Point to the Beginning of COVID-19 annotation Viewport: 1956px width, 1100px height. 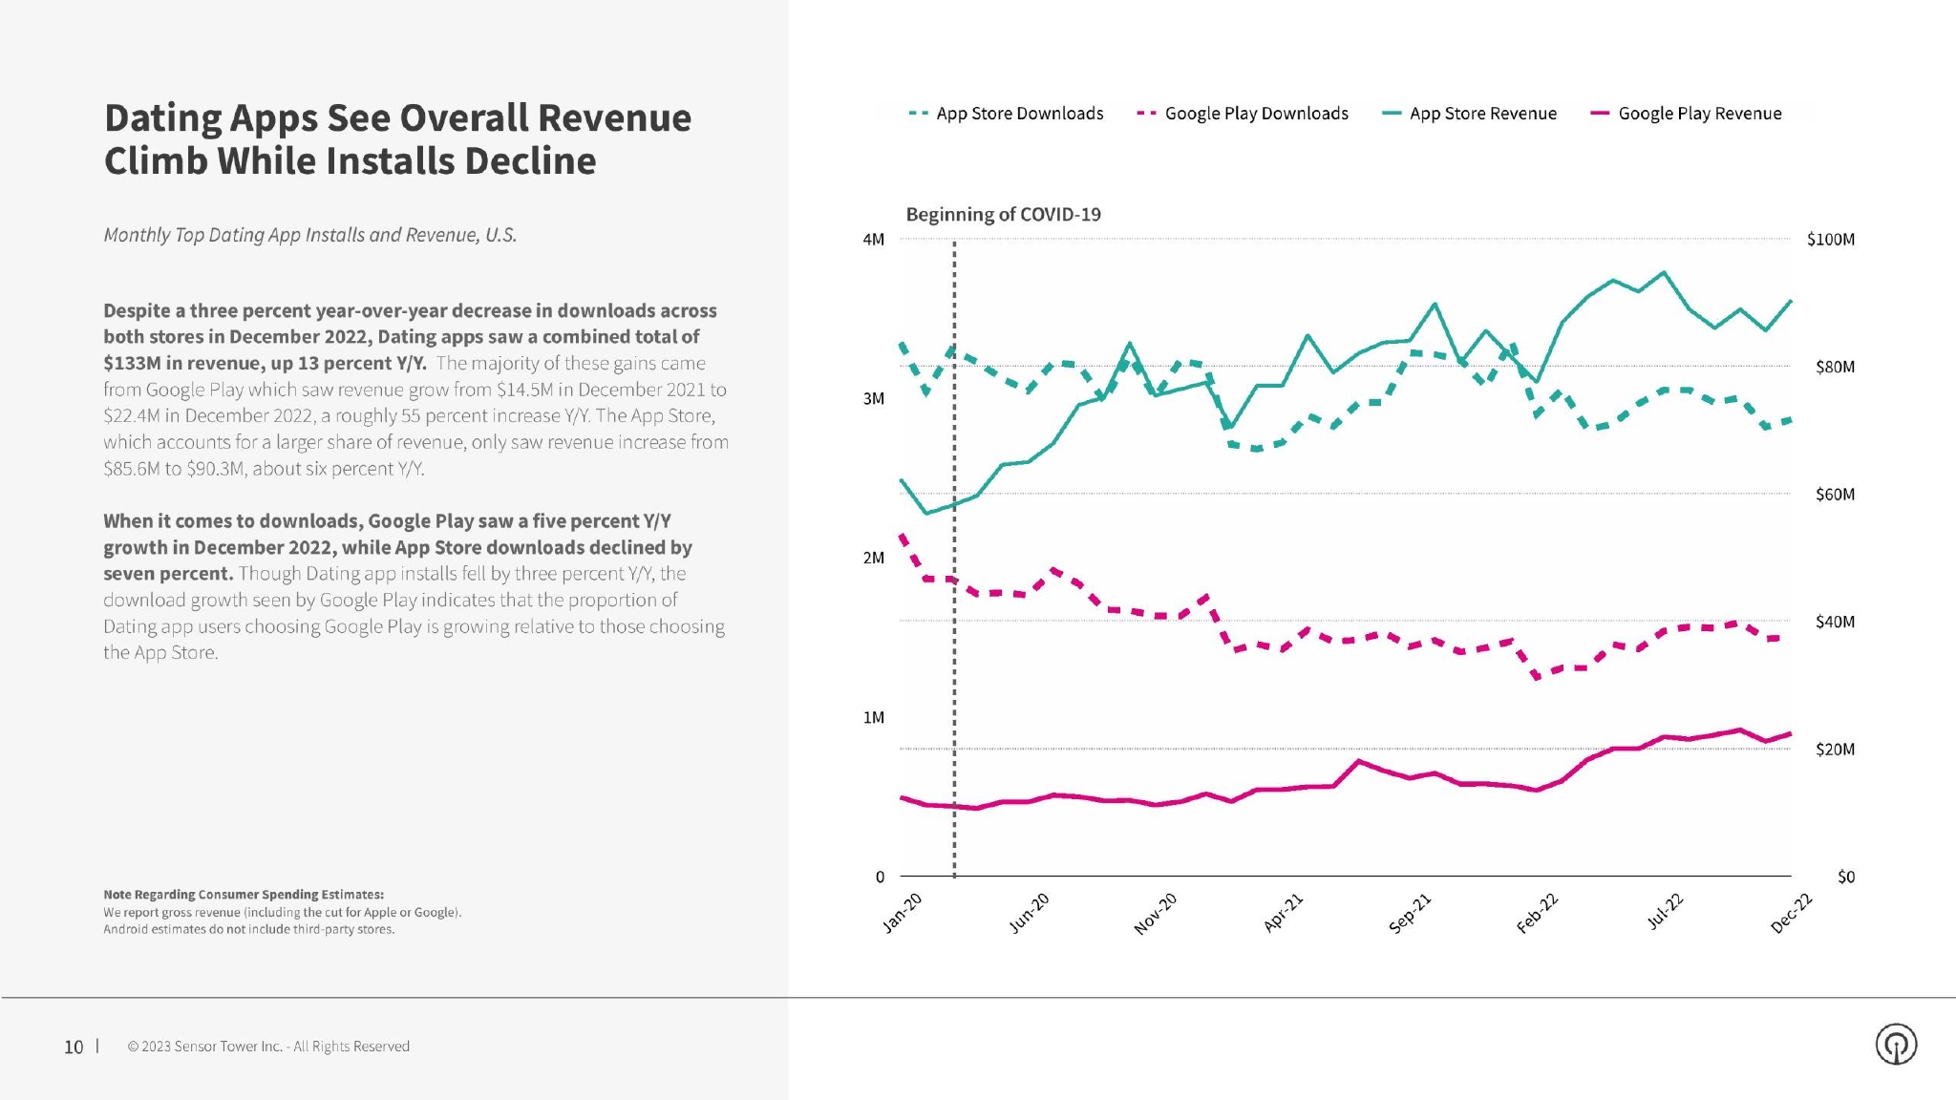[1003, 215]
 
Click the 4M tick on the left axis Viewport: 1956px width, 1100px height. [873, 240]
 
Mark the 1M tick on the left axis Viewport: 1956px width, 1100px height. [873, 717]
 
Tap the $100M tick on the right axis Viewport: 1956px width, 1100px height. [1830, 240]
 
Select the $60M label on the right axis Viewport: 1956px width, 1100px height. [1835, 495]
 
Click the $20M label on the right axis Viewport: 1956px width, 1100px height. [1835, 750]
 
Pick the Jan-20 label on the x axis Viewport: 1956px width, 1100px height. [903, 913]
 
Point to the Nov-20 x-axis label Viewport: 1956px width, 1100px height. [1155, 914]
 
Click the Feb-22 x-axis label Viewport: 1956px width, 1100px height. [1537, 914]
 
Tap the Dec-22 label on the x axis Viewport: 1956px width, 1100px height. [1791, 914]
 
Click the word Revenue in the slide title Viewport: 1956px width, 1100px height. [612, 118]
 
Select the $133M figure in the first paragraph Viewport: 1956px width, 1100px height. [133, 364]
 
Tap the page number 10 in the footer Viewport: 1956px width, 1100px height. [74, 1047]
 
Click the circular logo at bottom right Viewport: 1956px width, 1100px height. [1896, 1044]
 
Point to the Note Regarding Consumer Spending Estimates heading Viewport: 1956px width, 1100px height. [244, 895]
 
